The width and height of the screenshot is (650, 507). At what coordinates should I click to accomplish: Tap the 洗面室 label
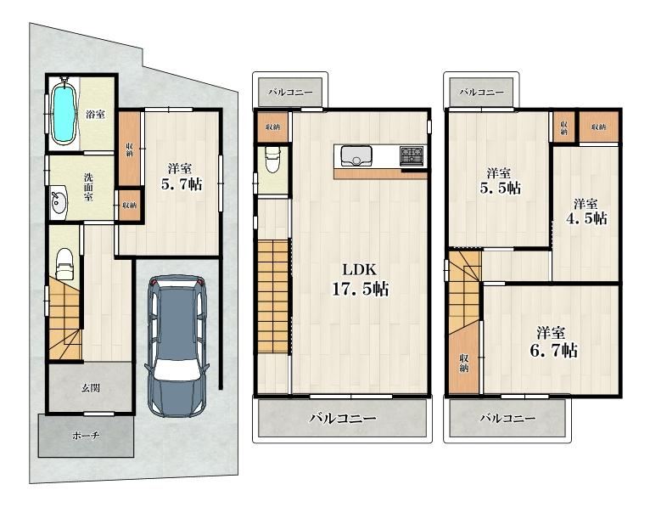[88, 187]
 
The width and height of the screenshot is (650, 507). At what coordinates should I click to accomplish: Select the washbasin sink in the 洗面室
[58, 201]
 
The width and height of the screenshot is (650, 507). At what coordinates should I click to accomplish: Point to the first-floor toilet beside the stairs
[64, 262]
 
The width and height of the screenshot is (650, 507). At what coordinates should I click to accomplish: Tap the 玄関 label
[90, 388]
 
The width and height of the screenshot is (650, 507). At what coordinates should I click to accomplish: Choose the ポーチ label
[86, 436]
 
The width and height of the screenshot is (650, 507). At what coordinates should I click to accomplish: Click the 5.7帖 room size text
[182, 183]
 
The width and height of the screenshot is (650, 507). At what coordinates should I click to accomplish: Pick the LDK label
[359, 270]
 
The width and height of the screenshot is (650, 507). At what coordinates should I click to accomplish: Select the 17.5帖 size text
[360, 289]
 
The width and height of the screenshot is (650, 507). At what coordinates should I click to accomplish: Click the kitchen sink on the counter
[356, 155]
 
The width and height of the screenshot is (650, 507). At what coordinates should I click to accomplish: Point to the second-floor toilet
[272, 160]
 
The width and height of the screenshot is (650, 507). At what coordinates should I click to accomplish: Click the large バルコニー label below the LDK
[343, 418]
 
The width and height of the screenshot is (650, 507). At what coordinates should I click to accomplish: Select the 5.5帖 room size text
[500, 188]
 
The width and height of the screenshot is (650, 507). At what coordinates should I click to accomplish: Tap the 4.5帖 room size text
[586, 217]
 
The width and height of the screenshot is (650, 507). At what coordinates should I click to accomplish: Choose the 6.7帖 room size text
[553, 351]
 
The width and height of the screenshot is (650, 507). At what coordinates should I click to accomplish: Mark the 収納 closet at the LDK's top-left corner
[272, 127]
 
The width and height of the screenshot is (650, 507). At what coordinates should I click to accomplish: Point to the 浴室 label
[95, 114]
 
